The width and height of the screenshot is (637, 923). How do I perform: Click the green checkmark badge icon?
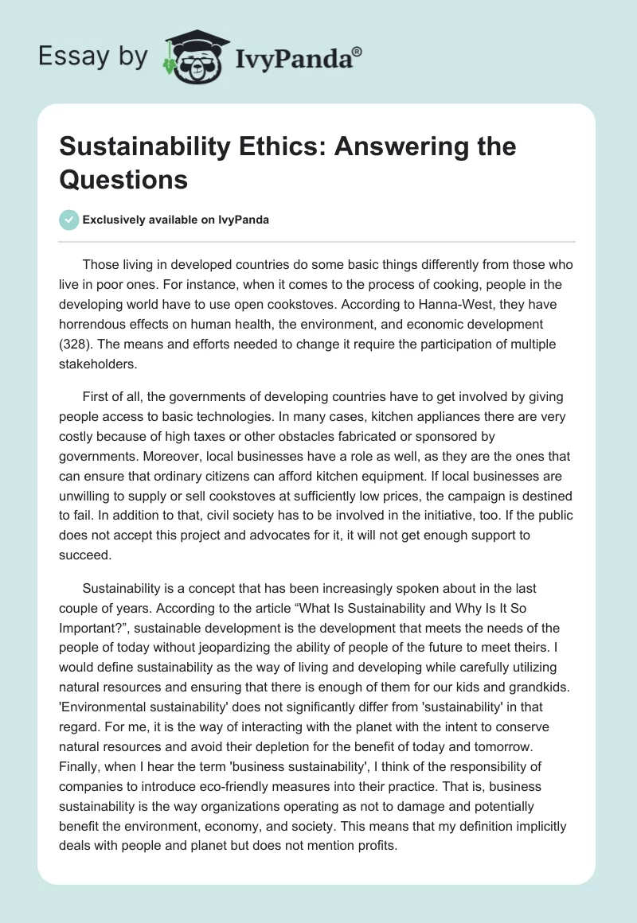click(68, 220)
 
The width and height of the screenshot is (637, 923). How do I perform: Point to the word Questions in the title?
click(123, 180)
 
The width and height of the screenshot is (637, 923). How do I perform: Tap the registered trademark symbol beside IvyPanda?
click(357, 49)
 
